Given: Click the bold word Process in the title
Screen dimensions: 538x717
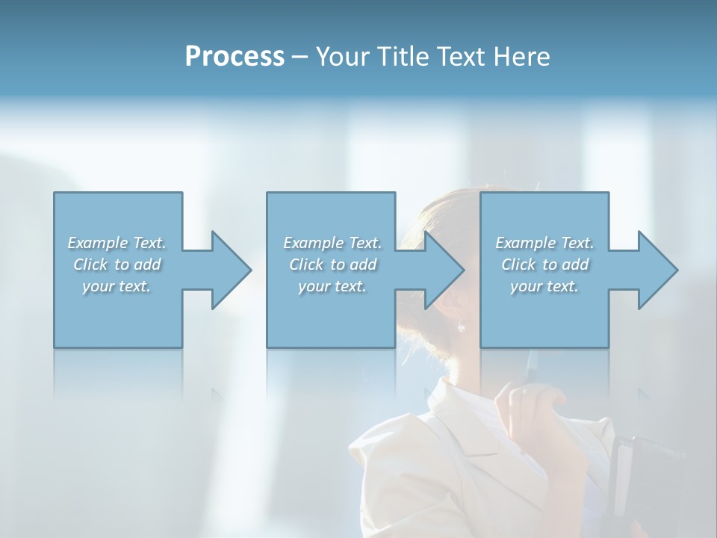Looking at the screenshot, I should tap(235, 57).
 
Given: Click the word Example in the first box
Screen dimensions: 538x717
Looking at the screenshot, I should tap(98, 243).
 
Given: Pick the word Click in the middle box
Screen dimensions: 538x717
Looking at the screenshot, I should tap(305, 265).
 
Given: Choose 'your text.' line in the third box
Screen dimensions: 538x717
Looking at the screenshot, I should tap(544, 286).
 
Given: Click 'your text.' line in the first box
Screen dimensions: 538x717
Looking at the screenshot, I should tap(117, 286).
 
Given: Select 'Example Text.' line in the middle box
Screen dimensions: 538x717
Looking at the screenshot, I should tap(332, 243).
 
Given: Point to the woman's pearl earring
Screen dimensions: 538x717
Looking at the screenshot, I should tap(461, 327).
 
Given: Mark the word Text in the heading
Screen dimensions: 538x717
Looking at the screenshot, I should tap(462, 57).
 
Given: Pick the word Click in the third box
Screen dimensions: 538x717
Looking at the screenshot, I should tap(518, 265).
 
